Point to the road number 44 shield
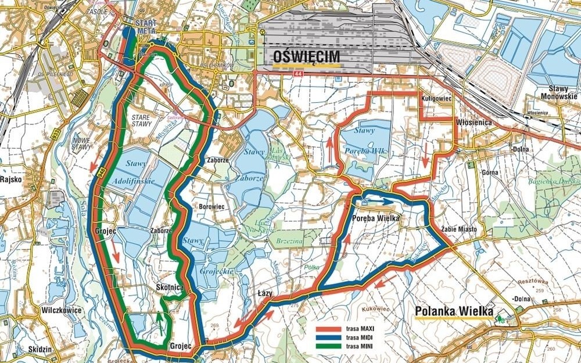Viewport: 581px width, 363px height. coord(299,74)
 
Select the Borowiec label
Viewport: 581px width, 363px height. coord(216,206)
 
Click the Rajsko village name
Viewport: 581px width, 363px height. coord(12,179)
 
